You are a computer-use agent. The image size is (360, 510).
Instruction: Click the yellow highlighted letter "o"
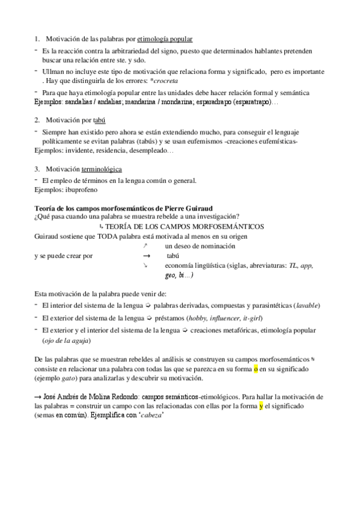255,369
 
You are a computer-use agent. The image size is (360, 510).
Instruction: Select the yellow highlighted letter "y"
261,407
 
